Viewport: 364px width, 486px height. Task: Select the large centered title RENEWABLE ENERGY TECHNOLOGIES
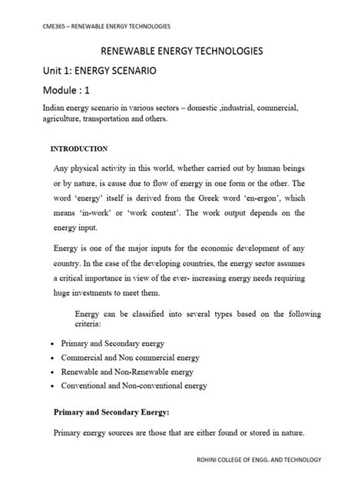click(x=181, y=52)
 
